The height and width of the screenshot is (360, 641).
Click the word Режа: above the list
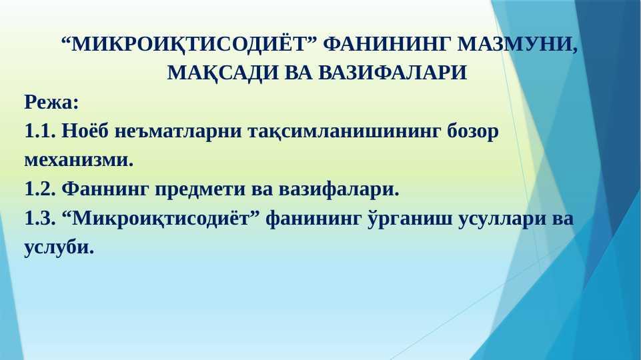pyautogui.click(x=51, y=102)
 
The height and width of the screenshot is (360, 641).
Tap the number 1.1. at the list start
pyautogui.click(x=39, y=131)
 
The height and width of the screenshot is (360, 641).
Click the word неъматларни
pyautogui.click(x=178, y=132)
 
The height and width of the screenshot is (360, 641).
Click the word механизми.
pyautogui.click(x=79, y=160)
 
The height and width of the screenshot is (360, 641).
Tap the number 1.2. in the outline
pyautogui.click(x=39, y=189)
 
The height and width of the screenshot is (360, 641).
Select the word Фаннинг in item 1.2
pyautogui.click(x=105, y=189)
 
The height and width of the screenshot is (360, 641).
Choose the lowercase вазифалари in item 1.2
pyautogui.click(x=339, y=189)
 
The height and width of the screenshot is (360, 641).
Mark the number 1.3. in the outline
pyautogui.click(x=39, y=218)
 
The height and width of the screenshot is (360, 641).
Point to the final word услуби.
pyautogui.click(x=59, y=247)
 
